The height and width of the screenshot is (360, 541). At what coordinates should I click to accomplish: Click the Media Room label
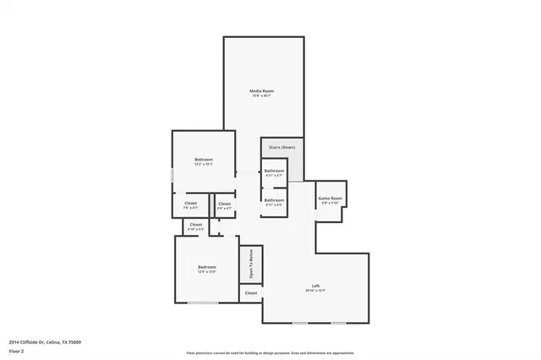coord(261,90)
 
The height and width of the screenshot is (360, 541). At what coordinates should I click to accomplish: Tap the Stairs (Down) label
coord(281,147)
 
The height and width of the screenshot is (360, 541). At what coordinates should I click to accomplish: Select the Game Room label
coord(330,199)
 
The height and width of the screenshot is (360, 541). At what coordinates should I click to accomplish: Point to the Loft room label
coord(315,286)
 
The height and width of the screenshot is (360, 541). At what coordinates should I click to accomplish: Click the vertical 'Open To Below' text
coord(251,264)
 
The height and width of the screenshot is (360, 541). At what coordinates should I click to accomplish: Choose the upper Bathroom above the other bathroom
coord(274,171)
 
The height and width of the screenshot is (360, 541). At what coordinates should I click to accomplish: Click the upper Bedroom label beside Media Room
coord(203,160)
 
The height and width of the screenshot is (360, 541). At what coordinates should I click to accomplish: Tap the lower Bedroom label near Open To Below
coord(206,267)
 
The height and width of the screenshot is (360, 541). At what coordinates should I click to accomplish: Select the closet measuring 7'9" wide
coord(190,203)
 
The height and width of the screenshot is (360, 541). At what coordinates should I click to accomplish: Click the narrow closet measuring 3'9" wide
coord(224,204)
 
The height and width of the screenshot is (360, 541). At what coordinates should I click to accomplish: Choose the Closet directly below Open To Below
coord(251,293)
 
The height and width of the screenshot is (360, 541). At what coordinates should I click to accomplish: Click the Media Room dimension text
coord(261,95)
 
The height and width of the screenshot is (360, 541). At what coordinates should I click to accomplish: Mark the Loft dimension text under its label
coord(315,291)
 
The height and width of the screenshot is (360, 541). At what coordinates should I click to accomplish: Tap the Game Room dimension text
coord(330,204)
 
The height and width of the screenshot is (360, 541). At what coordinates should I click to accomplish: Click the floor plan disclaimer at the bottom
coord(270,353)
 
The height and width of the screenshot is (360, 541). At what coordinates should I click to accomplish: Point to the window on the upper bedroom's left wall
coord(172,175)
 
